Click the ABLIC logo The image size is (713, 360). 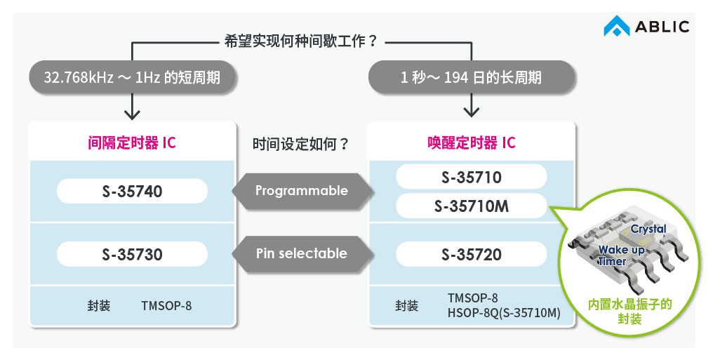tap(646, 27)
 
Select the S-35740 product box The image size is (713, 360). tap(132, 191)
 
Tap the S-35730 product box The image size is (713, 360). tap(132, 254)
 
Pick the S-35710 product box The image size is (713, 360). tap(471, 177)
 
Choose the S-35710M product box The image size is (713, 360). tap(471, 206)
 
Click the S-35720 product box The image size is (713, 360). tap(471, 254)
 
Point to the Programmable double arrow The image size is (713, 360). tap(301, 191)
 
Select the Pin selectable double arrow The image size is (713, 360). tap(301, 253)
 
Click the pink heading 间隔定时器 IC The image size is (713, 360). tap(132, 143)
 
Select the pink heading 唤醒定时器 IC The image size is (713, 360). tap(471, 143)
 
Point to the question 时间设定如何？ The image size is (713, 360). tap(301, 145)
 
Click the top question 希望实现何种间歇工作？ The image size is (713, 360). tap(301, 41)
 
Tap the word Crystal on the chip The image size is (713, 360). tap(648, 229)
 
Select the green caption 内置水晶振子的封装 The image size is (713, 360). tap(629, 312)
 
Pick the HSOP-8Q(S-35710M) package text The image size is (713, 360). tap(504, 312)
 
